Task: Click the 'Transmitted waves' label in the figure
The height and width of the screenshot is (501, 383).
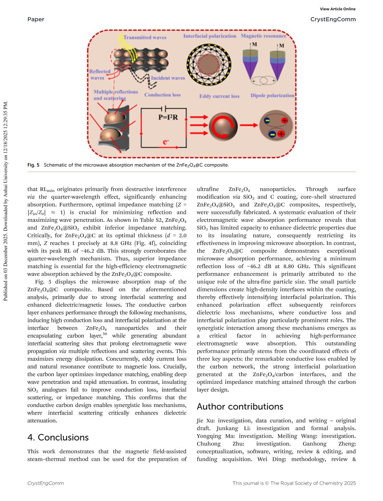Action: tap(145, 37)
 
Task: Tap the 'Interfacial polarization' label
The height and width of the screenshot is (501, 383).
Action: tap(210, 36)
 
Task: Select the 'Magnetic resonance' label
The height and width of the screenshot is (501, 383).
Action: tap(264, 36)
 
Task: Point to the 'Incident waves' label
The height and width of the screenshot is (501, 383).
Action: tap(168, 78)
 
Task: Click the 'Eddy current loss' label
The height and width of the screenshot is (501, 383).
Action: tap(219, 96)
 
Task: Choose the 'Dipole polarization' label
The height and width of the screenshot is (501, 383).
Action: tap(272, 95)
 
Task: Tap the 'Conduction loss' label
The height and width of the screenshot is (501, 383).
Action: tap(163, 95)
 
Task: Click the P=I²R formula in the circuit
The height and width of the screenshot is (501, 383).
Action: tap(168, 117)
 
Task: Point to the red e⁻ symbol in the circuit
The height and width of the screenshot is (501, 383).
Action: tap(166, 142)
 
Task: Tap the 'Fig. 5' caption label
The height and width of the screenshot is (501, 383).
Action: tap(33, 165)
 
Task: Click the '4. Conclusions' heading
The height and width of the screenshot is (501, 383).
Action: tap(58, 438)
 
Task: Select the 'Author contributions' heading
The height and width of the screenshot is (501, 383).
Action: tap(240, 407)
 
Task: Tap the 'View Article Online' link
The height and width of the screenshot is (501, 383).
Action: tap(338, 9)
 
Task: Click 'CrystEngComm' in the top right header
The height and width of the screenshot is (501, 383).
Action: tap(333, 19)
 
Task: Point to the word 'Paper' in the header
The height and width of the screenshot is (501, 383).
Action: tap(36, 19)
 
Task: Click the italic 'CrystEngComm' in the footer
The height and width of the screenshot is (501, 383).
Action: tap(46, 483)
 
